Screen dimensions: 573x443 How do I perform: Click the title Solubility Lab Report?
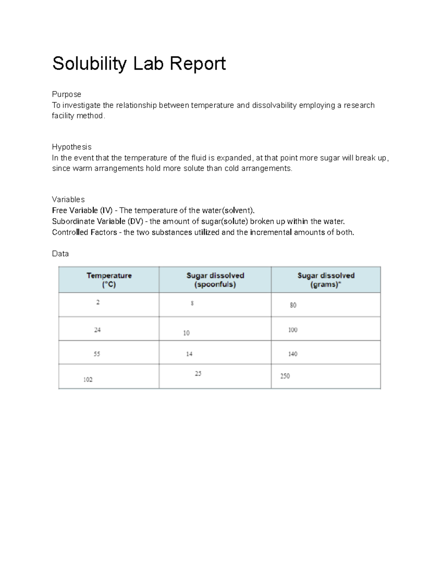click(x=139, y=63)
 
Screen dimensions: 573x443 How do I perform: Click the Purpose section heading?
click(x=66, y=94)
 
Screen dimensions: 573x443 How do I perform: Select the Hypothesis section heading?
click(x=72, y=147)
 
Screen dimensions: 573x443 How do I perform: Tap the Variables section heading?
click(x=68, y=200)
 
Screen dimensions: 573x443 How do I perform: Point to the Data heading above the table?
click(x=60, y=254)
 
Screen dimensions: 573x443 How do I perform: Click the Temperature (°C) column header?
click(x=109, y=280)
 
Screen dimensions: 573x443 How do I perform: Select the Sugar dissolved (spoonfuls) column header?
click(x=215, y=280)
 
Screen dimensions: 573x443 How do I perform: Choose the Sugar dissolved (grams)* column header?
click(x=326, y=280)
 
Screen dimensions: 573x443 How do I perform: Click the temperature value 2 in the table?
click(x=98, y=302)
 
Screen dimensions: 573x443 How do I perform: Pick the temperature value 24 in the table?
click(x=97, y=330)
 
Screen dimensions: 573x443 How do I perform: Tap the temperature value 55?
click(x=97, y=354)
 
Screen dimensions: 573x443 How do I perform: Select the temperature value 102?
click(x=88, y=380)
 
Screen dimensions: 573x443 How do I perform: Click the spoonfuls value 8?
click(x=192, y=303)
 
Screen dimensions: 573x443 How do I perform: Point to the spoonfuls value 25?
click(x=198, y=373)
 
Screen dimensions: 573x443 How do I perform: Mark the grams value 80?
click(x=293, y=305)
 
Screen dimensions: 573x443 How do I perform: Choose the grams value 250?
click(x=285, y=376)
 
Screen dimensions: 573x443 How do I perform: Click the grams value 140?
click(x=293, y=354)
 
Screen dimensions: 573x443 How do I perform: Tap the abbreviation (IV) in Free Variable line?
click(x=106, y=211)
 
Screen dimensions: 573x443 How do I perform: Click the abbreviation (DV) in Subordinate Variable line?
click(x=135, y=222)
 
